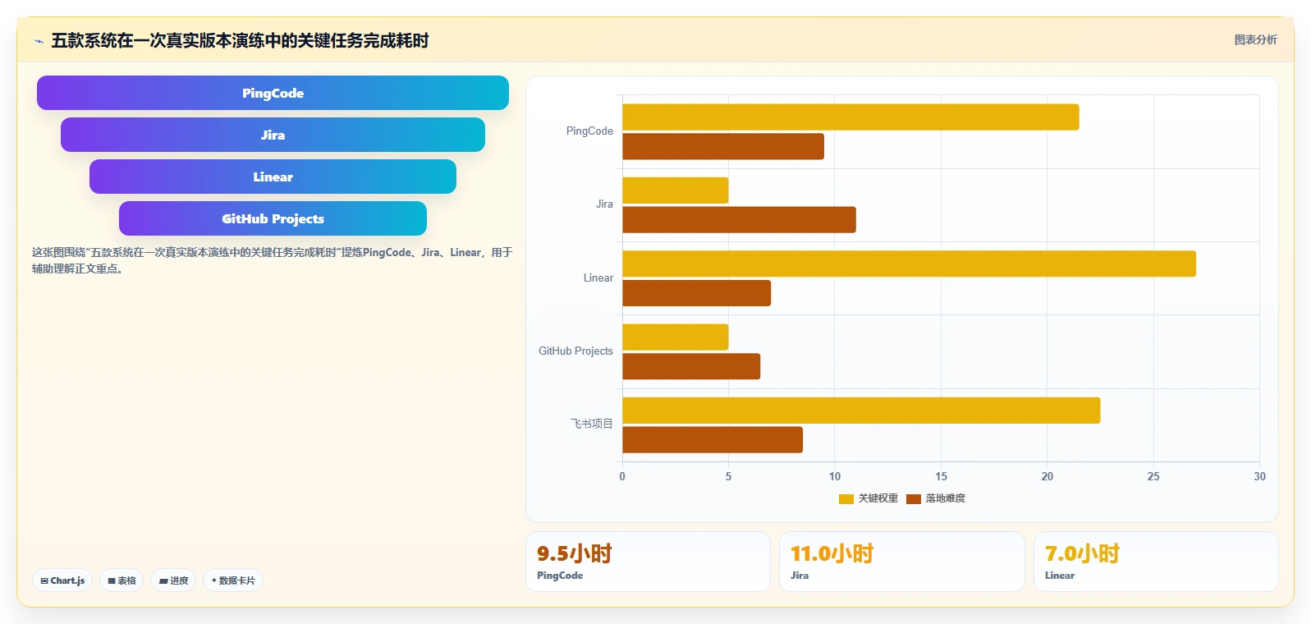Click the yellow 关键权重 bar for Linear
(x=909, y=264)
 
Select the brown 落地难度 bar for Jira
(x=739, y=219)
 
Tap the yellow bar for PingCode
(x=850, y=117)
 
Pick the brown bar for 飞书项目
(x=713, y=439)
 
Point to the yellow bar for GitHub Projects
(x=676, y=337)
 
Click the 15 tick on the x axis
(x=941, y=476)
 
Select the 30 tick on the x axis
(x=1259, y=476)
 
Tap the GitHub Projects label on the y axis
(x=575, y=351)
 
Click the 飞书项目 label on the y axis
(x=591, y=424)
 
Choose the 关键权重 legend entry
(x=869, y=498)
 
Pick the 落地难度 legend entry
(x=936, y=498)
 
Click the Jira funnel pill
(x=273, y=135)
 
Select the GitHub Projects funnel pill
(x=273, y=218)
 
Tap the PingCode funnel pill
(x=273, y=93)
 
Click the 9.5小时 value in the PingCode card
(x=574, y=553)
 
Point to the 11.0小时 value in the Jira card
(x=832, y=553)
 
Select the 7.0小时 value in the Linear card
(x=1082, y=553)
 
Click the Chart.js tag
(x=62, y=580)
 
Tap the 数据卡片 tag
(x=233, y=580)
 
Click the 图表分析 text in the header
(x=1255, y=39)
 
